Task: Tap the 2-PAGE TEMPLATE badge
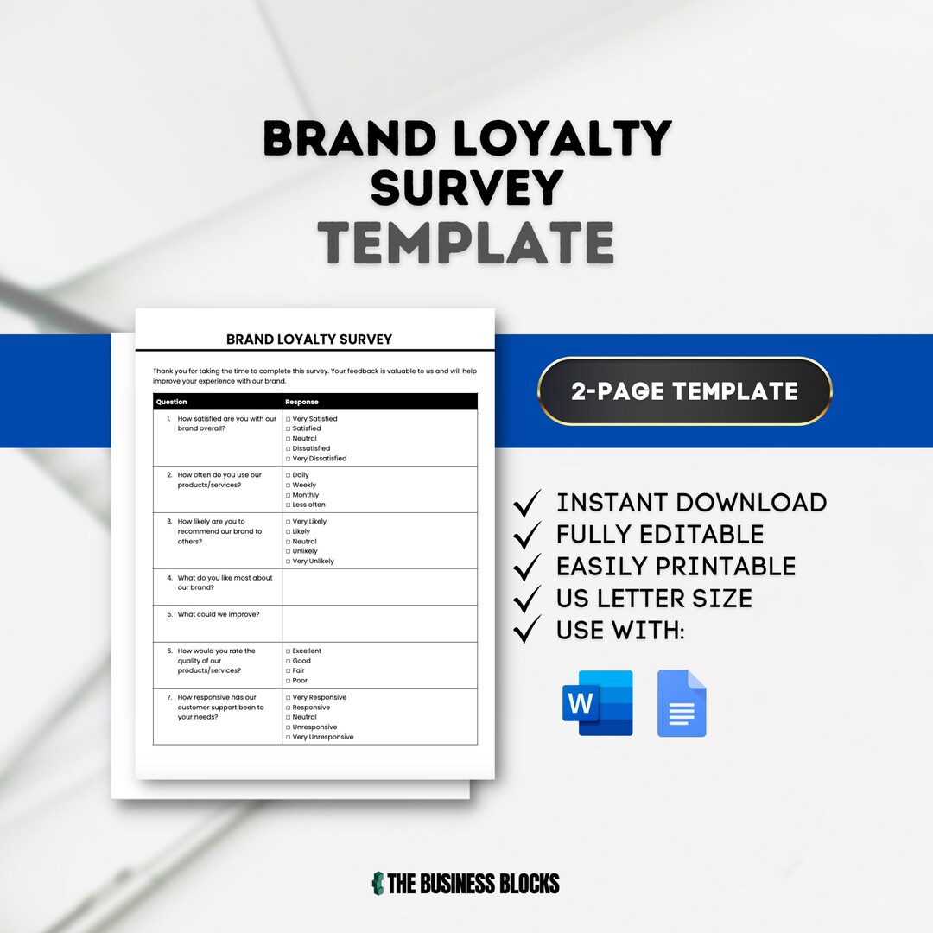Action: [x=684, y=391]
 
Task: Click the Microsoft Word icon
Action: [x=598, y=703]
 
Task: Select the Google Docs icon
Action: [x=682, y=703]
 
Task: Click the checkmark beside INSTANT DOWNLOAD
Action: [x=527, y=503]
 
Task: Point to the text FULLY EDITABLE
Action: [x=660, y=535]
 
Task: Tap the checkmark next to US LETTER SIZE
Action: [x=527, y=599]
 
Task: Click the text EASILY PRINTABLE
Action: [x=676, y=567]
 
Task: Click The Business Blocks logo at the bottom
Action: [x=466, y=883]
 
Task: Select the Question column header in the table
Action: [x=172, y=402]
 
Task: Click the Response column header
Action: [x=301, y=402]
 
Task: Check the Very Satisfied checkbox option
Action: [x=289, y=419]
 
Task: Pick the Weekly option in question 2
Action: [x=289, y=486]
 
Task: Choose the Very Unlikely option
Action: [x=289, y=562]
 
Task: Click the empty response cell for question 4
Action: [x=379, y=587]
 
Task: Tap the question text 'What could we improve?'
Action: [x=219, y=614]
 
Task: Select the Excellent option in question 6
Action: [x=289, y=651]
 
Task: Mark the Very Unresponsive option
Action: [x=289, y=737]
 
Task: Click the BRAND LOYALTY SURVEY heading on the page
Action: [x=309, y=340]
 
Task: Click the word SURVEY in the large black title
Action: [x=467, y=188]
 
